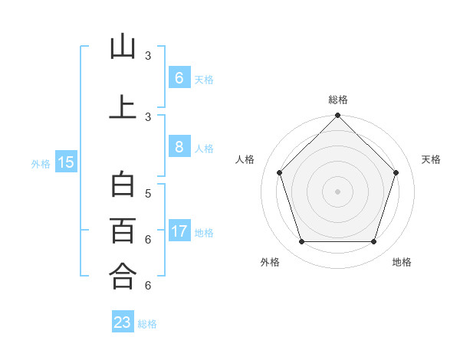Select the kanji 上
(123, 106)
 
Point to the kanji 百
(123, 230)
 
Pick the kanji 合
(123, 276)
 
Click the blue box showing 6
(179, 77)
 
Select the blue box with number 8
(179, 146)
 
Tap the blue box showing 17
(179, 231)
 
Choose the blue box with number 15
(66, 162)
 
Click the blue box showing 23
(123, 322)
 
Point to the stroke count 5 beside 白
(148, 193)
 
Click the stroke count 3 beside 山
(148, 56)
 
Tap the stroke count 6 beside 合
(148, 286)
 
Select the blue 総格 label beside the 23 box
(147, 324)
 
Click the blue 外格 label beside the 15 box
(41, 163)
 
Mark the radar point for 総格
(337, 116)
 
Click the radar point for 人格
(279, 172)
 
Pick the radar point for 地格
(373, 242)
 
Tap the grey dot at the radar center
(337, 191)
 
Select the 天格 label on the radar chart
(431, 159)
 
